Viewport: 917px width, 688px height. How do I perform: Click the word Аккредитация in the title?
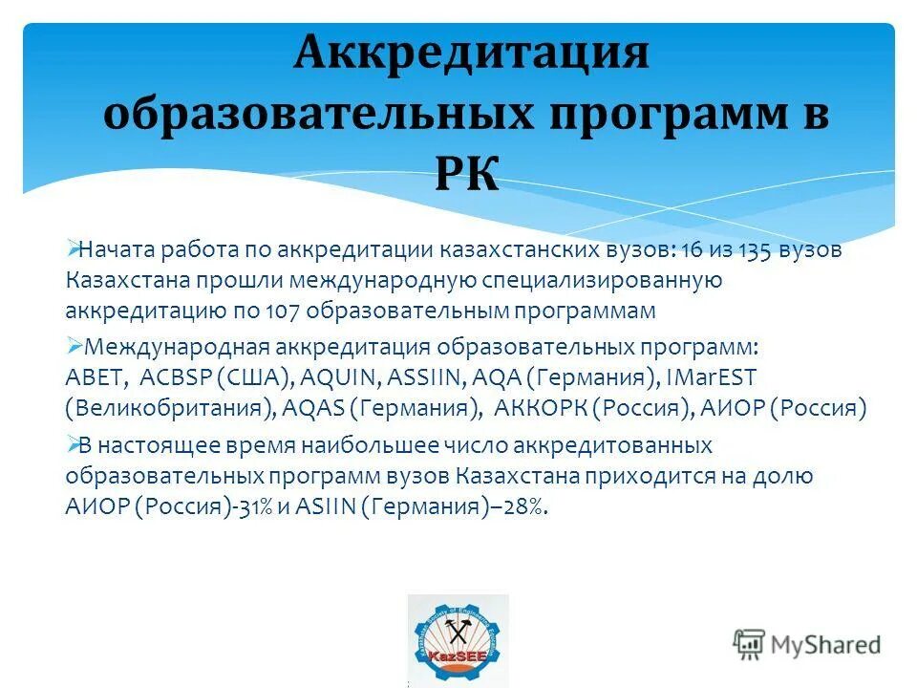pos(471,53)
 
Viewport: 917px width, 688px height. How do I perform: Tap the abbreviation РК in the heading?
pos(468,175)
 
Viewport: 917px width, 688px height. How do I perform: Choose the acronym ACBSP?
pos(182,377)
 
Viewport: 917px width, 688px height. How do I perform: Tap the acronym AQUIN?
pos(345,377)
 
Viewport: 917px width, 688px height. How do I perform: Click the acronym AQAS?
pos(314,409)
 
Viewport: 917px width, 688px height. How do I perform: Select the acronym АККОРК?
pos(541,409)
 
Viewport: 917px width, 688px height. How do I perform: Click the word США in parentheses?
pos(262,377)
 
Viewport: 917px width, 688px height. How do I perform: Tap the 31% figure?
pos(258,507)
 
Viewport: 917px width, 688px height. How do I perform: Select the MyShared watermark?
pos(807,644)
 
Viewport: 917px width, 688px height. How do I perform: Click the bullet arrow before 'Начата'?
pos(75,249)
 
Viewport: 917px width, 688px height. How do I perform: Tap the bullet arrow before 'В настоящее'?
pos(75,444)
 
